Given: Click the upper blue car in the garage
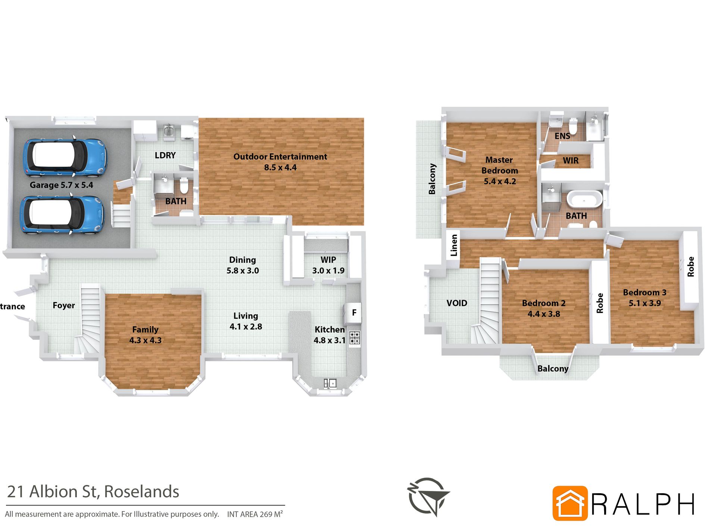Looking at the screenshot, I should coord(65,158).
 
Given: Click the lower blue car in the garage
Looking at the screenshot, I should coord(62,215).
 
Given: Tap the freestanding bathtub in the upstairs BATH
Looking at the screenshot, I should coord(584,199).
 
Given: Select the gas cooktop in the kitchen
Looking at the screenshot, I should coord(354,338).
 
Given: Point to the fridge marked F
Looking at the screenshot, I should coord(354,312).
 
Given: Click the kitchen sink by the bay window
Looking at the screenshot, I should coord(330,383).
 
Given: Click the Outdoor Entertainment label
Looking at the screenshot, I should coord(280,157).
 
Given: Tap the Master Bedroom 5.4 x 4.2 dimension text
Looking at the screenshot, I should coord(500,181).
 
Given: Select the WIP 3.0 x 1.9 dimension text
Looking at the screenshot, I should coord(328,271).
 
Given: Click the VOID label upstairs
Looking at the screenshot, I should coord(457,303).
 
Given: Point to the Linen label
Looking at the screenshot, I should coord(454,245).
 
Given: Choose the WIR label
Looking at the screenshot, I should coord(571,161).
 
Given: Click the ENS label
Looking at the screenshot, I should coord(562,136).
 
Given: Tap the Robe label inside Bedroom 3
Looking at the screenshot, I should coord(691,267).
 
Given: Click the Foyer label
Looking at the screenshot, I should coord(64,305).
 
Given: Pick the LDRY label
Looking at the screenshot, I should coord(165,155).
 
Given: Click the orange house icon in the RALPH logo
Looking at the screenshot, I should coord(570,503).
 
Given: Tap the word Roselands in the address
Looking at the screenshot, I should coord(142,492).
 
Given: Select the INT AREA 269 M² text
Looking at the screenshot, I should coord(255,514).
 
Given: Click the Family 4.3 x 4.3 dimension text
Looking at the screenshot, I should coord(146,340).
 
